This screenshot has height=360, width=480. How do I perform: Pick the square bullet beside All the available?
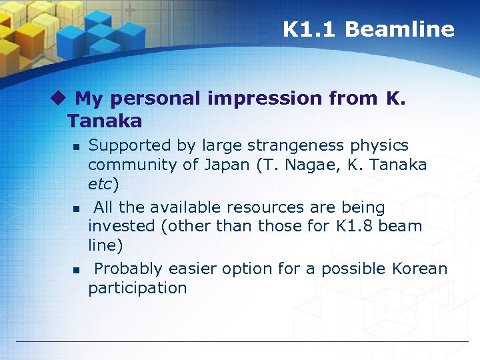(x=76, y=209)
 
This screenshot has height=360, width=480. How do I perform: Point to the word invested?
(x=122, y=226)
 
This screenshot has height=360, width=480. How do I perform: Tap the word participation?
(x=137, y=288)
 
